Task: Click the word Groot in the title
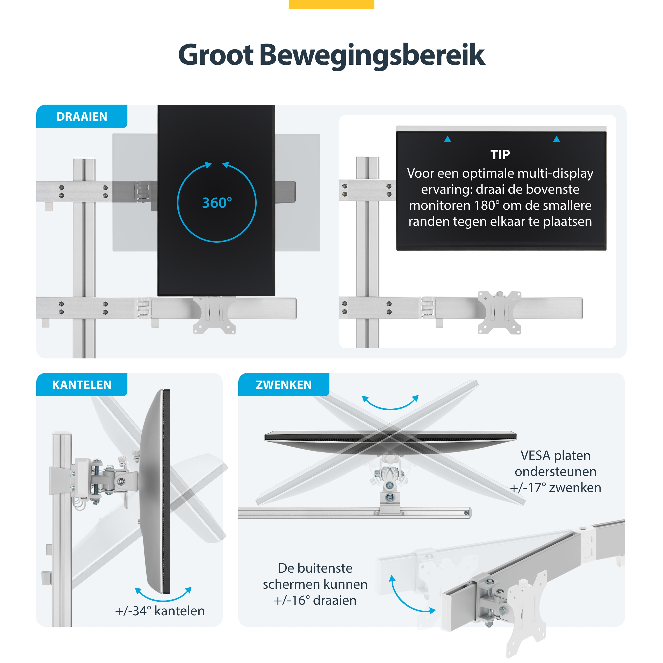pyautogui.click(x=216, y=55)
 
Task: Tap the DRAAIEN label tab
pyautogui.click(x=82, y=116)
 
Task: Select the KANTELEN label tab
pyautogui.click(x=82, y=385)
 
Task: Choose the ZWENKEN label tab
pyautogui.click(x=284, y=385)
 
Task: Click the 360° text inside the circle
pyautogui.click(x=217, y=203)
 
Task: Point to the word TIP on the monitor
pyautogui.click(x=500, y=155)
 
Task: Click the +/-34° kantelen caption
pyautogui.click(x=160, y=611)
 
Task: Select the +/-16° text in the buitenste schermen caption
pyautogui.click(x=292, y=600)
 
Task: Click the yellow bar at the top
pyautogui.click(x=331, y=4)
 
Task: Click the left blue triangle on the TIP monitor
pyautogui.click(x=448, y=139)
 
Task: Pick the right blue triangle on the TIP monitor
pyautogui.click(x=557, y=139)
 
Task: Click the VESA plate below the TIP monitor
pyautogui.click(x=500, y=313)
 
